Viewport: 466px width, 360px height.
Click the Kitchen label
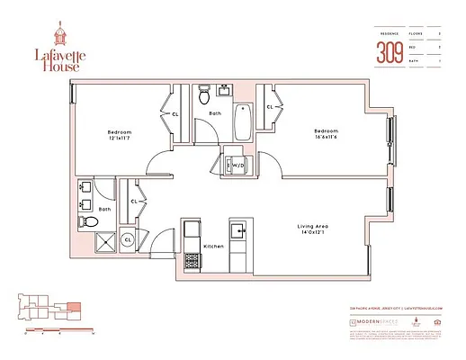pyautogui.click(x=212, y=246)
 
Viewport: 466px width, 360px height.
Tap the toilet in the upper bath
pyautogui.click(x=205, y=93)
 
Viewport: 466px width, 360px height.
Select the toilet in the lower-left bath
pyautogui.click(x=85, y=220)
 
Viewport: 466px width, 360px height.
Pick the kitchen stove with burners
pyautogui.click(x=192, y=262)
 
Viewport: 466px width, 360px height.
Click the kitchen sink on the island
pyautogui.click(x=238, y=231)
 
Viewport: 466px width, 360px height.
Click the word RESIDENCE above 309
pyautogui.click(x=388, y=33)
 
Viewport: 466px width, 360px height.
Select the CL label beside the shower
pyautogui.click(x=128, y=240)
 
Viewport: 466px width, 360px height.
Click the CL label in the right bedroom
pyautogui.click(x=270, y=108)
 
